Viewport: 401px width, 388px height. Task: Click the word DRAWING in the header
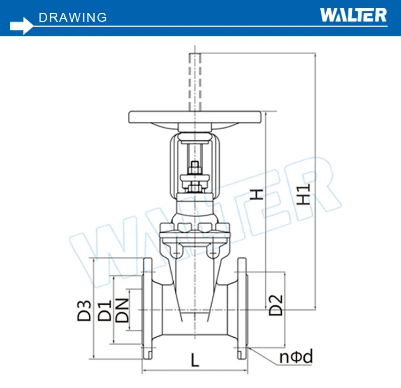tap(73, 17)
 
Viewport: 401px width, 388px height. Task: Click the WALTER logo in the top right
tap(353, 14)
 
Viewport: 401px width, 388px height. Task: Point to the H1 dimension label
tap(303, 195)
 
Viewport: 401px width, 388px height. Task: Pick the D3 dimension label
tap(84, 310)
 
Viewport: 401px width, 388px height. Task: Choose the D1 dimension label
tap(105, 311)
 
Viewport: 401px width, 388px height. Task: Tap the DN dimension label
tap(122, 310)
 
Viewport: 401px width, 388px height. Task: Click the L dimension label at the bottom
tap(195, 361)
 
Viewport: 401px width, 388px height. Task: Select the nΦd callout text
tap(296, 357)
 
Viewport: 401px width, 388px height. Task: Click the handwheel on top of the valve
tap(196, 117)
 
